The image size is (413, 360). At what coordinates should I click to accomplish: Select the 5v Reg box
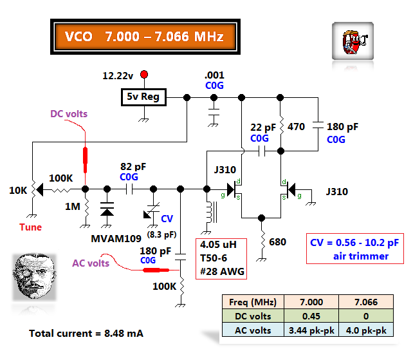[x=144, y=97]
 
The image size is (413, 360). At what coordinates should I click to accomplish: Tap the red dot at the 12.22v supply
[x=144, y=75]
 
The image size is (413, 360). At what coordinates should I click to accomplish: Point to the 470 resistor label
[x=296, y=128]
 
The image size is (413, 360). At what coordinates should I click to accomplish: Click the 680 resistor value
[x=278, y=242]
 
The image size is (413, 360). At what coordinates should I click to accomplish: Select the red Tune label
[x=30, y=227]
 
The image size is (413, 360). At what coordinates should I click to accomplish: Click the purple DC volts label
[x=69, y=114]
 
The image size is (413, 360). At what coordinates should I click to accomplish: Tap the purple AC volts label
[x=91, y=262]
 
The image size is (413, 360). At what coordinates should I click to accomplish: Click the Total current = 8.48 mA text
[x=86, y=334]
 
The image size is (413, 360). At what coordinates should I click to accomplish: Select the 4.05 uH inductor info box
[x=221, y=258]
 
